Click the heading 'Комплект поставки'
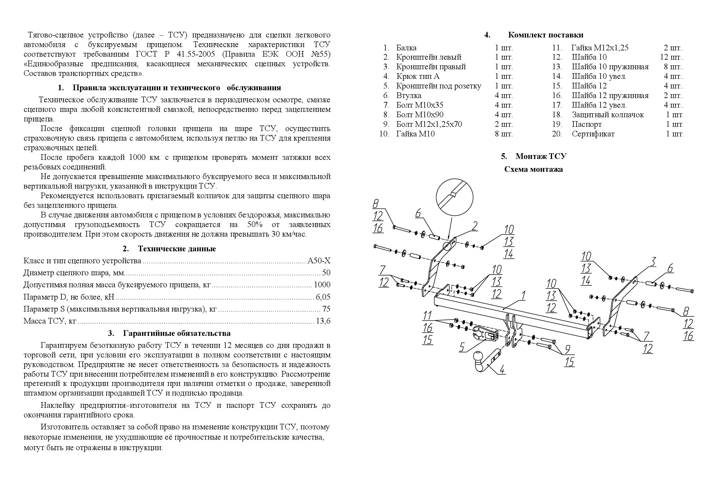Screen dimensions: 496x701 pos(545,35)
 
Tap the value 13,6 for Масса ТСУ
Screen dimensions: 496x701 pos(324,321)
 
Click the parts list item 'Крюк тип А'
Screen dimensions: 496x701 pos(418,76)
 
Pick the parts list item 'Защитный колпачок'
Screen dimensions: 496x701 pos(607,115)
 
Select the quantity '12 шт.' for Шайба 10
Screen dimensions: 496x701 pos(671,57)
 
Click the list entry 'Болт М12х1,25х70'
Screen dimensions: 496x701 pos(429,124)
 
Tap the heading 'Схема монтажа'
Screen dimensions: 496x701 pos(533,169)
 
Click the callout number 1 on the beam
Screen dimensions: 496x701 pos(523,296)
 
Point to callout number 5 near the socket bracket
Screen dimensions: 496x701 pos(462,347)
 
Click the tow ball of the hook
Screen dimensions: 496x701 pos(477,356)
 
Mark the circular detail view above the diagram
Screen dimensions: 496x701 pos(454,197)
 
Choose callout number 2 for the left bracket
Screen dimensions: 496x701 pos(474,226)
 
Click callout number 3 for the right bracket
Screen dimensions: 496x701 pos(652,262)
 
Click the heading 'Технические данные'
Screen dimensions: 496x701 pos(177,249)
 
